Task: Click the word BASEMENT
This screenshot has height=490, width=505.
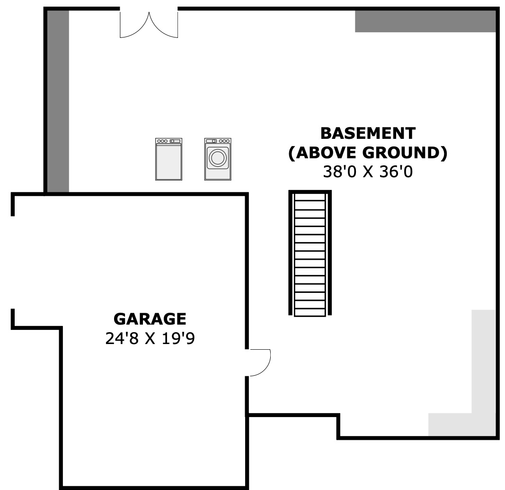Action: click(x=368, y=134)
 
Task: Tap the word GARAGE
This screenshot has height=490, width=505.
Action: click(x=150, y=319)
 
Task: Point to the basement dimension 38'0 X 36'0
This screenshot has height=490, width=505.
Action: click(x=368, y=172)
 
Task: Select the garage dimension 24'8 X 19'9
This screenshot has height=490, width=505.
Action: click(x=150, y=338)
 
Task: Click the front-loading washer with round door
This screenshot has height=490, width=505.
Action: click(x=218, y=159)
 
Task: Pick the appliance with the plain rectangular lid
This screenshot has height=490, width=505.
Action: click(x=169, y=159)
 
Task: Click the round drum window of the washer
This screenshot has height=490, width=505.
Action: click(x=218, y=158)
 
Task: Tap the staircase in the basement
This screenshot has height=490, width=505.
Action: click(x=310, y=254)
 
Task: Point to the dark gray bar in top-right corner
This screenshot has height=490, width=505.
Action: click(x=425, y=21)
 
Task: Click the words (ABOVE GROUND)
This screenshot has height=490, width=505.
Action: click(x=368, y=153)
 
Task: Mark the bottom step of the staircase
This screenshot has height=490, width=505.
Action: click(x=310, y=312)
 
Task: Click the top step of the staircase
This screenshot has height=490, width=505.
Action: click(x=310, y=197)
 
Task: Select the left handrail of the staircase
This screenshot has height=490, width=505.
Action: click(x=291, y=254)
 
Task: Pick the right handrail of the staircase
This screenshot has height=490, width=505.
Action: click(x=329, y=254)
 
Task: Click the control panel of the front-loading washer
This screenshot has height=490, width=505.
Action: click(x=218, y=141)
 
